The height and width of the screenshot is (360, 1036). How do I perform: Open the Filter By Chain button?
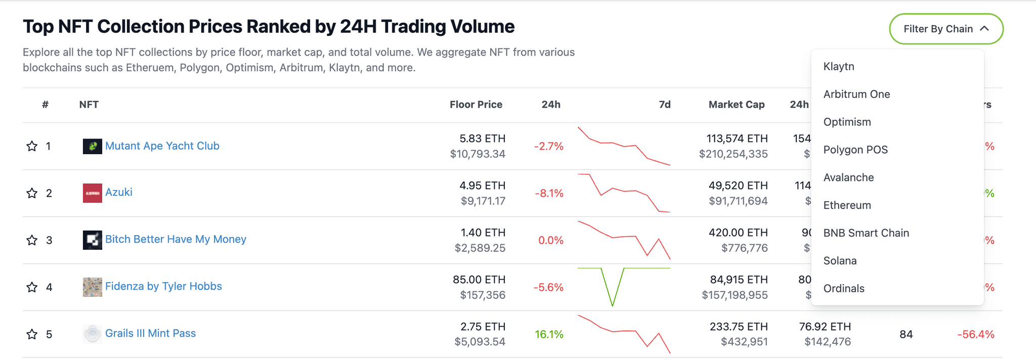(946, 29)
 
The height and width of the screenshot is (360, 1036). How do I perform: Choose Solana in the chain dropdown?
(840, 261)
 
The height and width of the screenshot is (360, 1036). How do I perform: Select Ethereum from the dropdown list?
(847, 205)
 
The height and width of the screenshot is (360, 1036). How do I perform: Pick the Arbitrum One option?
(856, 94)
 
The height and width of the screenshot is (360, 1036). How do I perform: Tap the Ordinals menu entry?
(844, 289)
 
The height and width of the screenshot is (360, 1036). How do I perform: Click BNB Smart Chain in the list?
(866, 233)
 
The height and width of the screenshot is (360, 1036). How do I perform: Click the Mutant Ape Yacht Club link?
(162, 146)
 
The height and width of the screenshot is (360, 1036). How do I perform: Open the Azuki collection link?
(118, 193)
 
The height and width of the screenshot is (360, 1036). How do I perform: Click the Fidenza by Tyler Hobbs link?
(163, 287)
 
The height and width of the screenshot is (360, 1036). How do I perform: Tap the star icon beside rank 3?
(32, 240)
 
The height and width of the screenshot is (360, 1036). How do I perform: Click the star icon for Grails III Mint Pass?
(32, 334)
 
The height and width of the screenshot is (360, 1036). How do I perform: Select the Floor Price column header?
(476, 105)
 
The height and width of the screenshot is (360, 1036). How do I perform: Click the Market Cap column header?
(736, 105)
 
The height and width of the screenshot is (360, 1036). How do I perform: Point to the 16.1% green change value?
(549, 334)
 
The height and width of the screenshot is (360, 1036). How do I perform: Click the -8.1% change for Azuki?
(549, 193)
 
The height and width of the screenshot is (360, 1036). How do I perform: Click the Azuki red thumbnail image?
(92, 193)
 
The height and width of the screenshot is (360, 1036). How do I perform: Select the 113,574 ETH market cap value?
(737, 139)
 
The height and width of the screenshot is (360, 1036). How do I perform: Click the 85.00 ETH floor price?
(479, 280)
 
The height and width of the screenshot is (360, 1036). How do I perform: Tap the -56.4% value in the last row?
(975, 334)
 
